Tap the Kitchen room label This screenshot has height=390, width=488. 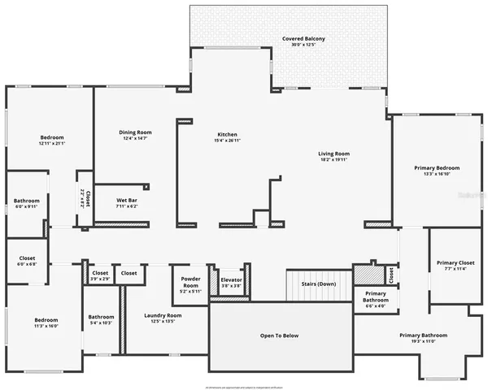point(227,134)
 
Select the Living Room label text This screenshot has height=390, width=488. point(333,154)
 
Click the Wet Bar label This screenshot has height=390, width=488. point(115,201)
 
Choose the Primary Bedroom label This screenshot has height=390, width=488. point(431,167)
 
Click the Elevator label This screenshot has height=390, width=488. point(231,280)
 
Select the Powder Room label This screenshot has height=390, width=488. point(190,282)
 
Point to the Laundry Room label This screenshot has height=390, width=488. point(163,315)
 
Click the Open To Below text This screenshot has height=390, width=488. point(279,335)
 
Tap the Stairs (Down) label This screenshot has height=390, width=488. point(316,284)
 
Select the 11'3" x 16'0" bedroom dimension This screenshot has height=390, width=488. point(46,325)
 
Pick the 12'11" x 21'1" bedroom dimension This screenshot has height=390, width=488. point(52,143)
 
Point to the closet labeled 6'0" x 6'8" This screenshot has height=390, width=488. point(27,264)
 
